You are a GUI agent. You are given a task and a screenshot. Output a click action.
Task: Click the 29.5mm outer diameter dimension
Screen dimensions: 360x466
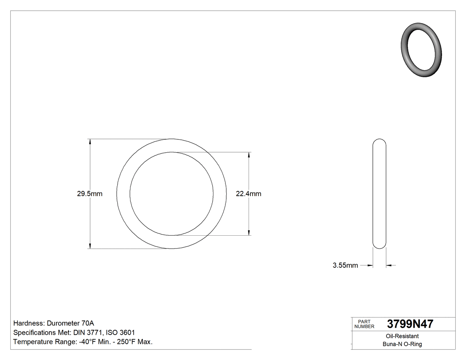point(90,194)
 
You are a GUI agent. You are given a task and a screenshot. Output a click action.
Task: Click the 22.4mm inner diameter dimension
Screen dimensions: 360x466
point(249,194)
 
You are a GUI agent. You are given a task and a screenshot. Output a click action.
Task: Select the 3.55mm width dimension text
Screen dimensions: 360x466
point(345,265)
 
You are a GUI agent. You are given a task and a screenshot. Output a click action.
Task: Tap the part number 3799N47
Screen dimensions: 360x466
point(410,324)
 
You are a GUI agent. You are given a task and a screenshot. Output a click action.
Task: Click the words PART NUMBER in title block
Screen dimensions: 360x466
point(365,324)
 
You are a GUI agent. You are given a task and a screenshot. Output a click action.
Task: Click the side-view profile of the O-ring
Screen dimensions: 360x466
point(379,194)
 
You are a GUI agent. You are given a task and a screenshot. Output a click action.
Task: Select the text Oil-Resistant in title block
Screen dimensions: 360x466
point(403,336)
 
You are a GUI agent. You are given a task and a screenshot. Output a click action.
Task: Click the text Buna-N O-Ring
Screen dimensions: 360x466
point(403,344)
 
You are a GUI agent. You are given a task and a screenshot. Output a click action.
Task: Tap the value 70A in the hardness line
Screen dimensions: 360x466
point(87,323)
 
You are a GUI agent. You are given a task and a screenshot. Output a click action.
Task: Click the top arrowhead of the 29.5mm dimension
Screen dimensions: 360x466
point(91,142)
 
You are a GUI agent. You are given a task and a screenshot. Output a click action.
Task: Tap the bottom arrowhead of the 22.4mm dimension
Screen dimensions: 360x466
point(249,233)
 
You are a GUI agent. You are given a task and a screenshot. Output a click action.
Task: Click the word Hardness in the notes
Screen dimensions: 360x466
point(28,323)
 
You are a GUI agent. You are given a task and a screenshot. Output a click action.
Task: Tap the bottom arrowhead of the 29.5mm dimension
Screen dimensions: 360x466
point(91,245)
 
